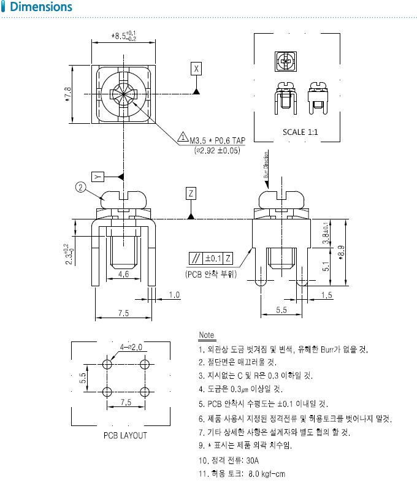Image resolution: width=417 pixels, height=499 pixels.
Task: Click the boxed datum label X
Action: (x=196, y=68)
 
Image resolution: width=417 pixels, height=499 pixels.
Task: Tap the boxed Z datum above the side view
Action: (x=191, y=194)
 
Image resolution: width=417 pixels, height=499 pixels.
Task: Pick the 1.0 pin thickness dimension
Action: (x=174, y=295)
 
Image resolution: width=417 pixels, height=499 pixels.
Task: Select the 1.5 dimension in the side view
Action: (x=326, y=295)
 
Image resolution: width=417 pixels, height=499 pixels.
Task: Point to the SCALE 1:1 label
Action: (x=300, y=132)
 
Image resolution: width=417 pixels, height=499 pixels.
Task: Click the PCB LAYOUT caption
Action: (x=125, y=435)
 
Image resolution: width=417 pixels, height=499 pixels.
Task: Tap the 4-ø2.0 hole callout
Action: (x=131, y=347)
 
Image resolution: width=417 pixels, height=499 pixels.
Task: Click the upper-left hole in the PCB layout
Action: (x=107, y=365)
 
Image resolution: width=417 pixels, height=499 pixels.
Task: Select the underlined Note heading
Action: (x=207, y=335)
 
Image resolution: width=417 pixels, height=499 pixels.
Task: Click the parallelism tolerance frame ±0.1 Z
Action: (x=211, y=258)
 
